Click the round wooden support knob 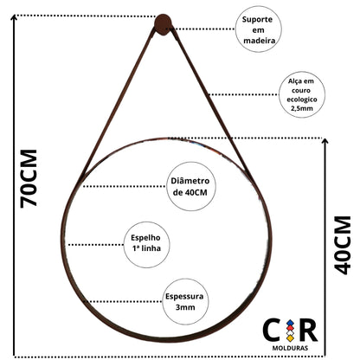click(163, 24)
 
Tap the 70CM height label click(29, 178)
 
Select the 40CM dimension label click(343, 245)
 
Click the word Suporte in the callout click(257, 20)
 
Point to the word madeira click(259, 41)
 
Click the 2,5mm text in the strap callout click(302, 108)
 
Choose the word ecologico click(302, 100)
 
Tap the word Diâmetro click(190, 181)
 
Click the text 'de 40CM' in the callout click(190, 192)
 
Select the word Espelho click(145, 238)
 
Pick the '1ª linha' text click(146, 248)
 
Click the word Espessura click(184, 297)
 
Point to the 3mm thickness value click(185, 307)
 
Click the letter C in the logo click(272, 331)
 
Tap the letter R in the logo click(308, 331)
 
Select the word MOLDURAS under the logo click(290, 348)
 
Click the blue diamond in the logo click(290, 323)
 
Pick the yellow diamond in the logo click(290, 338)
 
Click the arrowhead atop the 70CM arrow click(14, 17)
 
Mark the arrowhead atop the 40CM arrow click(325, 141)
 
